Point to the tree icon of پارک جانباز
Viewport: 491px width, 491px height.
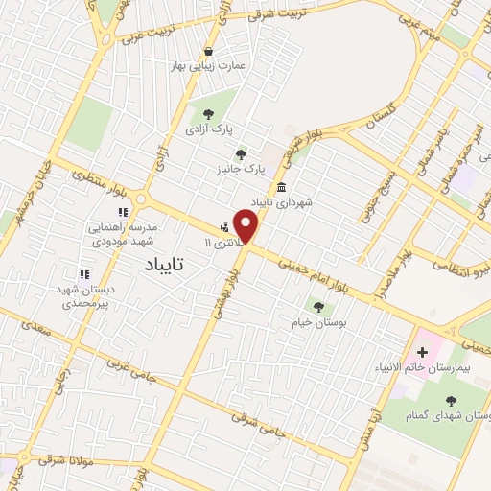(x=241, y=153)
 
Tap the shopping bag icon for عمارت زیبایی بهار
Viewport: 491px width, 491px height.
(x=209, y=51)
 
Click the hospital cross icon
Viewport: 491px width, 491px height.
(x=422, y=352)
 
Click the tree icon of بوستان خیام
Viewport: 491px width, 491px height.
(x=318, y=307)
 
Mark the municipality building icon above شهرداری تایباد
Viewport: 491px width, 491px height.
(x=282, y=187)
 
